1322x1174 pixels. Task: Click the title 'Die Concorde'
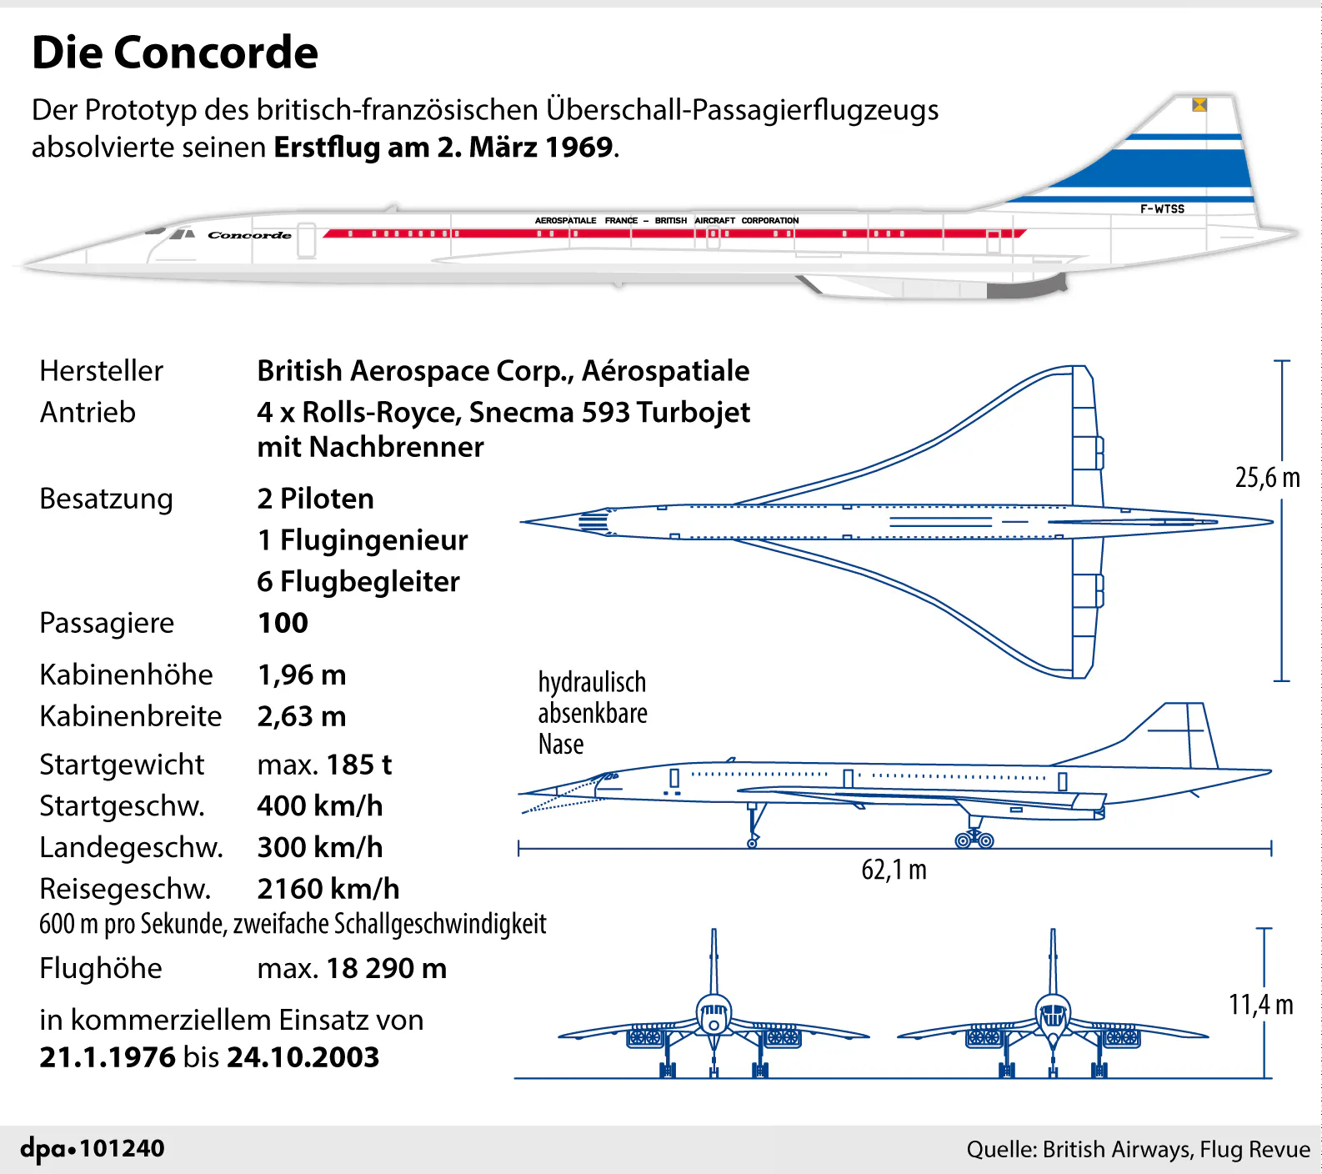coord(175,53)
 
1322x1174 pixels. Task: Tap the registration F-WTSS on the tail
coord(1162,209)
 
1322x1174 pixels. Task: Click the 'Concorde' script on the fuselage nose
coord(249,235)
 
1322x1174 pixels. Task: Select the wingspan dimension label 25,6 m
coord(1267,478)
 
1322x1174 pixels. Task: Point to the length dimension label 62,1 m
coord(894,870)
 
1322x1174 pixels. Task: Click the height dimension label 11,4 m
coord(1260,1005)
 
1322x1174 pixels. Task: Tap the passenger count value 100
coord(283,623)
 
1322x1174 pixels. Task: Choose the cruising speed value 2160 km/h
coord(328,889)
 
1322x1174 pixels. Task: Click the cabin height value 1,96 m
coord(302,675)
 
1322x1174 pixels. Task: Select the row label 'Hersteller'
coord(101,371)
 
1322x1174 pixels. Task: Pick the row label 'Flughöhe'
coord(101,968)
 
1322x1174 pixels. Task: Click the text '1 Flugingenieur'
coord(363,540)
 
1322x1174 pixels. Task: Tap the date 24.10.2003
coord(303,1057)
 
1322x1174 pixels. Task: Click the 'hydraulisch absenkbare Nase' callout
coord(592,713)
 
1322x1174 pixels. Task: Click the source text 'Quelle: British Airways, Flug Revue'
coord(1138,1150)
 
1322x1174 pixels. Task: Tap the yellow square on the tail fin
coord(1199,104)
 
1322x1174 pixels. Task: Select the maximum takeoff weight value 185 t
coord(358,765)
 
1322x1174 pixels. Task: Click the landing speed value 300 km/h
coord(320,847)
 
